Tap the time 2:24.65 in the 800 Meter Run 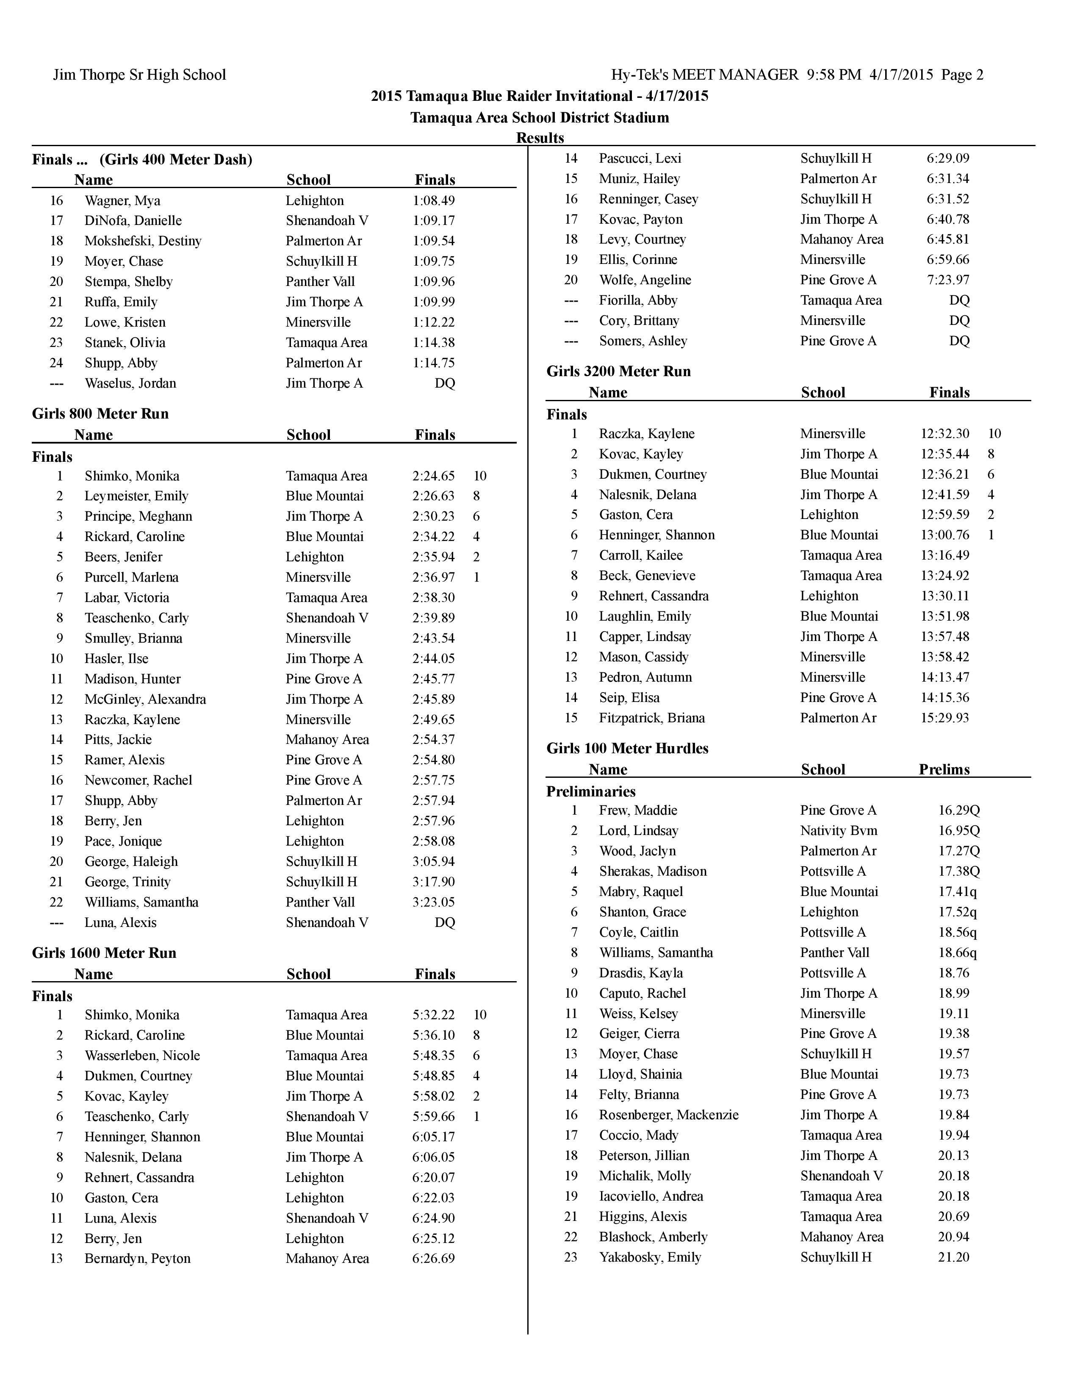tap(433, 476)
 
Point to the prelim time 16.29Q tap(958, 810)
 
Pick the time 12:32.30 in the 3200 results tap(944, 433)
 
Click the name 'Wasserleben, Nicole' tap(142, 1056)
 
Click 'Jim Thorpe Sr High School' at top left tap(139, 75)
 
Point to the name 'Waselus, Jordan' tap(130, 383)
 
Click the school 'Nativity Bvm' tap(838, 831)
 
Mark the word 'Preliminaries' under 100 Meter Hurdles tap(590, 791)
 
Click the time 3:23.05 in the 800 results tap(433, 902)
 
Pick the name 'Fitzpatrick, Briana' tap(651, 718)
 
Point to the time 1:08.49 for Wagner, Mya tap(433, 200)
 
